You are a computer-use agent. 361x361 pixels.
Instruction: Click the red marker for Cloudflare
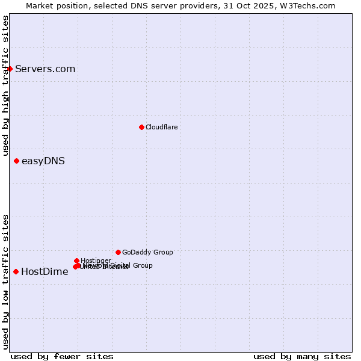pyautogui.click(x=141, y=127)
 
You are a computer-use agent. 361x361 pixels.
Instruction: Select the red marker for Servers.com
pyautogui.click(x=10, y=69)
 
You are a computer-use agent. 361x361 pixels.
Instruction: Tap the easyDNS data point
pyautogui.click(x=16, y=161)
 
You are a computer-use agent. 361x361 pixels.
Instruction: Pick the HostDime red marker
pyautogui.click(x=16, y=271)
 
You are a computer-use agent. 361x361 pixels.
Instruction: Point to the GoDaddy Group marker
pyautogui.click(x=118, y=252)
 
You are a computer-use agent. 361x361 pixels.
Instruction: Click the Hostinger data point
pyautogui.click(x=76, y=261)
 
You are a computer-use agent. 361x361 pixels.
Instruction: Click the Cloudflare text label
pyautogui.click(x=161, y=127)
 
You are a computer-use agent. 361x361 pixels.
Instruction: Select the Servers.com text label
pyautogui.click(x=45, y=69)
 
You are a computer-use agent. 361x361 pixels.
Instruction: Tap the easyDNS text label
pyautogui.click(x=43, y=161)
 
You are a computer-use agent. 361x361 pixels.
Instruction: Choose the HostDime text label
pyautogui.click(x=45, y=271)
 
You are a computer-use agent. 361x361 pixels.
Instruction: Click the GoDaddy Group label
pyautogui.click(x=147, y=252)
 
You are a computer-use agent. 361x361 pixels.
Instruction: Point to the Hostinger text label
pyautogui.click(x=96, y=261)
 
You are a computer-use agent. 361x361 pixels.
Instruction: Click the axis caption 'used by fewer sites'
pyautogui.click(x=62, y=356)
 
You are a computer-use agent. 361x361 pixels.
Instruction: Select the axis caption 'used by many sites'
pyautogui.click(x=302, y=356)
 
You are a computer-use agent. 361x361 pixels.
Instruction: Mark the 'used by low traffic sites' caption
pyautogui.click(x=5, y=281)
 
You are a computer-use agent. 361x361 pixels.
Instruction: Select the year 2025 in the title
pyautogui.click(x=270, y=5)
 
